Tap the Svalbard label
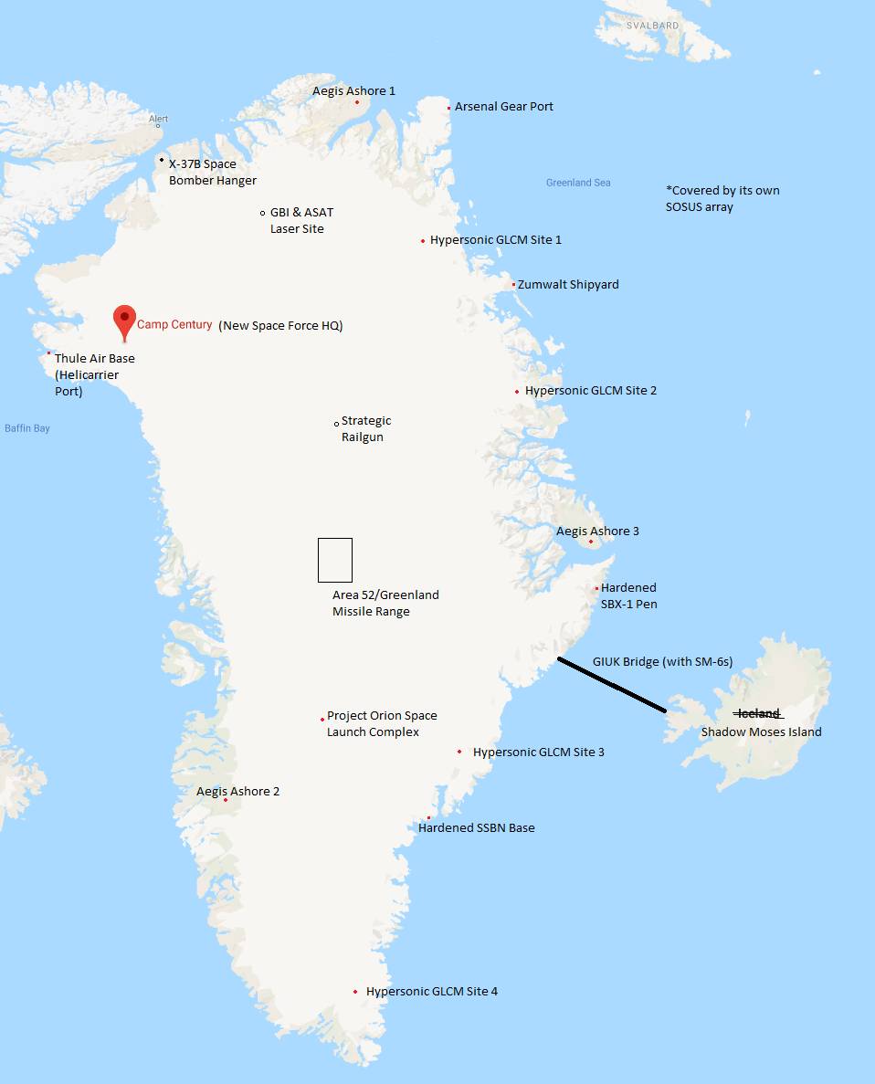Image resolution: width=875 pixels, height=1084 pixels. (652, 26)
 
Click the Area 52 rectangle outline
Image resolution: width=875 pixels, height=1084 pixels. (335, 560)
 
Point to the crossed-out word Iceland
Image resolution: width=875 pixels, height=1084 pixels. (758, 713)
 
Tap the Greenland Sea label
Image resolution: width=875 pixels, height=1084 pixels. (578, 183)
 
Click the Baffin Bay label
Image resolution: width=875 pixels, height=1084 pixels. (27, 428)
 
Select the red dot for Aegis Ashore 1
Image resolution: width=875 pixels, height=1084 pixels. (357, 102)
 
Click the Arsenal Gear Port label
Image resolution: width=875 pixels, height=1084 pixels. (504, 107)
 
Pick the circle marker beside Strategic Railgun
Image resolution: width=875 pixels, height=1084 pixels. (336, 423)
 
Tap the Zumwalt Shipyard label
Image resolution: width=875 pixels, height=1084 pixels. (568, 285)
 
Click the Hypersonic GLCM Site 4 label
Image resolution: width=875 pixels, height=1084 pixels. (431, 992)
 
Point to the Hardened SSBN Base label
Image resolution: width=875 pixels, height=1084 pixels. (476, 828)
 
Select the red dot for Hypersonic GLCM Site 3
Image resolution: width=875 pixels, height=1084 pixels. (459, 752)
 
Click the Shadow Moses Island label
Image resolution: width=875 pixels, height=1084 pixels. (761, 731)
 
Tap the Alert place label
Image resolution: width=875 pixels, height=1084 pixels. (159, 119)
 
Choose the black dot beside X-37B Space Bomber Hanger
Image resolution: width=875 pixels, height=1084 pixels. (162, 160)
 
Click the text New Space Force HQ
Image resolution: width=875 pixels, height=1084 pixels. (280, 326)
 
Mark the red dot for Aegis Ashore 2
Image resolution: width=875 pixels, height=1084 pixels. (226, 800)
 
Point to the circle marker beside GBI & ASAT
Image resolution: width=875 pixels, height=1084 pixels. (263, 213)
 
